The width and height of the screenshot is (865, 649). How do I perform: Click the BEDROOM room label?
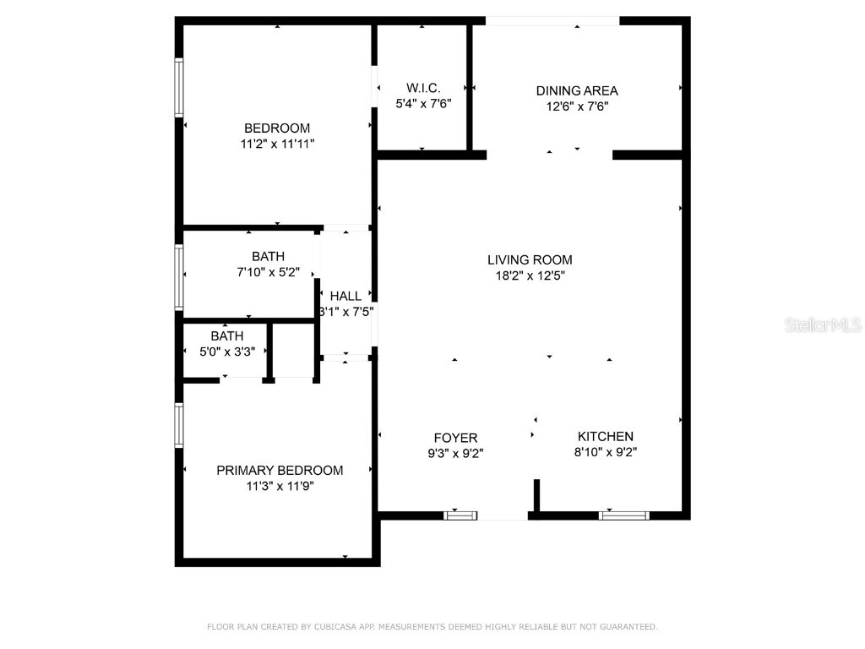pyautogui.click(x=277, y=128)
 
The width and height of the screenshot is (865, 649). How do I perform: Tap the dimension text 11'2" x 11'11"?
pyautogui.click(x=277, y=145)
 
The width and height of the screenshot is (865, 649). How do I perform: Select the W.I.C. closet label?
pyautogui.click(x=423, y=89)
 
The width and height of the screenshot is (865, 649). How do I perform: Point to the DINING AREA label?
pyautogui.click(x=577, y=90)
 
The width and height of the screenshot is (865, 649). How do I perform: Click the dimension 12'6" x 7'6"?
pyautogui.click(x=577, y=106)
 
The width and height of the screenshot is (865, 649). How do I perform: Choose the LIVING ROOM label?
pyautogui.click(x=530, y=260)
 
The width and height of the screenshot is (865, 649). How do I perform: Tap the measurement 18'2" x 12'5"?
pyautogui.click(x=530, y=275)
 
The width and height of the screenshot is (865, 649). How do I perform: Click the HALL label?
pyautogui.click(x=345, y=296)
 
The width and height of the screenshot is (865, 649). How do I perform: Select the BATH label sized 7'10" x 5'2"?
pyautogui.click(x=268, y=256)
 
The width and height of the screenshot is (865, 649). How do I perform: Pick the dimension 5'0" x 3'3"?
pyautogui.click(x=227, y=352)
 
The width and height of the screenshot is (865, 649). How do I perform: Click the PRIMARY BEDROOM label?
pyautogui.click(x=280, y=470)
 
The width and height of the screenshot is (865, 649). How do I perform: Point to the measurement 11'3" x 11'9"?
pyautogui.click(x=280, y=486)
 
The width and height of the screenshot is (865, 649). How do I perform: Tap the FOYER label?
pyautogui.click(x=455, y=438)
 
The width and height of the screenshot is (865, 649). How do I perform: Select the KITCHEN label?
pyautogui.click(x=605, y=436)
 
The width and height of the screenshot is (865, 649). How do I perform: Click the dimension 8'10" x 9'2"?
pyautogui.click(x=605, y=452)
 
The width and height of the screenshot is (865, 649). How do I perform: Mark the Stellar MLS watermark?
pyautogui.click(x=822, y=324)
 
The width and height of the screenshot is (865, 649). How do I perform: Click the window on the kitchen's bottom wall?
pyautogui.click(x=624, y=514)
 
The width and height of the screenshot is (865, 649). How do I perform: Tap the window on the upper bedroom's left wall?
pyautogui.click(x=179, y=86)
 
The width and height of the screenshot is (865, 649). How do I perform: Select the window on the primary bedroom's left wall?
pyautogui.click(x=179, y=424)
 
